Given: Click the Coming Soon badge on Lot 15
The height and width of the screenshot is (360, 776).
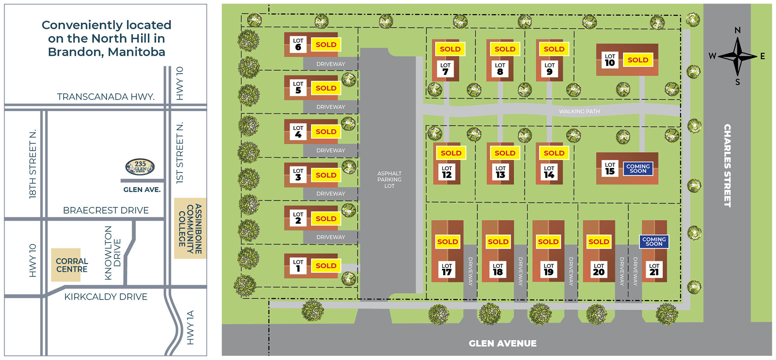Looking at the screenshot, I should [x=638, y=168].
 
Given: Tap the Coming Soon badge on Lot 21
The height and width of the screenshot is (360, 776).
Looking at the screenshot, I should [x=654, y=242].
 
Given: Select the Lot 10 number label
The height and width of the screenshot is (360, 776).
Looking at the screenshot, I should [x=610, y=60].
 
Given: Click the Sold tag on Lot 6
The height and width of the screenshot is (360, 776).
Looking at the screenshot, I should [x=326, y=45].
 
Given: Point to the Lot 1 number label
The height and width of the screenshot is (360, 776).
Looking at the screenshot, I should [x=298, y=266].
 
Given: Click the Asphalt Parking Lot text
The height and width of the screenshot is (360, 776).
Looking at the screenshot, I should [x=389, y=180].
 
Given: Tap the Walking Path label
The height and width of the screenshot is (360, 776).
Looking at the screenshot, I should [x=579, y=111].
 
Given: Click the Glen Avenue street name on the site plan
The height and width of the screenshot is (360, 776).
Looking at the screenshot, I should [x=502, y=343].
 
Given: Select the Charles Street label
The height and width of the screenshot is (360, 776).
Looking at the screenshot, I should [x=727, y=166].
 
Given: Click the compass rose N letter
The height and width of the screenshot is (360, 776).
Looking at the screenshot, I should [x=738, y=30].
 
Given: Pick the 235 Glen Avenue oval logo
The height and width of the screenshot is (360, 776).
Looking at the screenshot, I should [x=140, y=167].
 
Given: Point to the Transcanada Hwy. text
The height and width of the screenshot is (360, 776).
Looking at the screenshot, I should [x=106, y=97].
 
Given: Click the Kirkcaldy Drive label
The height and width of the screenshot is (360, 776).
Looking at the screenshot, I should [x=106, y=297].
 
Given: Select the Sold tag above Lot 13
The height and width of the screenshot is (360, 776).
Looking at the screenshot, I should [x=505, y=153].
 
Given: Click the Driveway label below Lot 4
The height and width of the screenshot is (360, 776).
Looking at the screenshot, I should [x=331, y=151].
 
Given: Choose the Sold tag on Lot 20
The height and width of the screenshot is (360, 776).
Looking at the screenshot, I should [x=599, y=242].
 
